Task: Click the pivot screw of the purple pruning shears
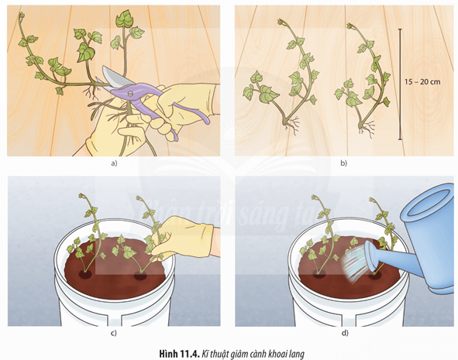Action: pyautogui.click(x=130, y=94)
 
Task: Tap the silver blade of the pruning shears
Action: pyautogui.click(x=113, y=76)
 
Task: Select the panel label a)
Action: pyautogui.click(x=114, y=163)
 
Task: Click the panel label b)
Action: pyautogui.click(x=343, y=163)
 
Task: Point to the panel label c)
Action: pyautogui.click(x=114, y=333)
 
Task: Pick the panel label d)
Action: pyautogui.click(x=345, y=333)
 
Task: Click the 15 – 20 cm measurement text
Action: pyautogui.click(x=422, y=82)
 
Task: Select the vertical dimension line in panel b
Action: pyautogui.click(x=400, y=84)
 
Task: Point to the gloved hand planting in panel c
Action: pyautogui.click(x=184, y=238)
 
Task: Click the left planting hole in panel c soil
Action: pyautogui.click(x=85, y=274)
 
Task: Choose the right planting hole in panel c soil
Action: pyautogui.click(x=140, y=275)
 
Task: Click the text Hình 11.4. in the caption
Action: pyautogui.click(x=179, y=354)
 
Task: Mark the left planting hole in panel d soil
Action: pyautogui.click(x=319, y=273)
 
